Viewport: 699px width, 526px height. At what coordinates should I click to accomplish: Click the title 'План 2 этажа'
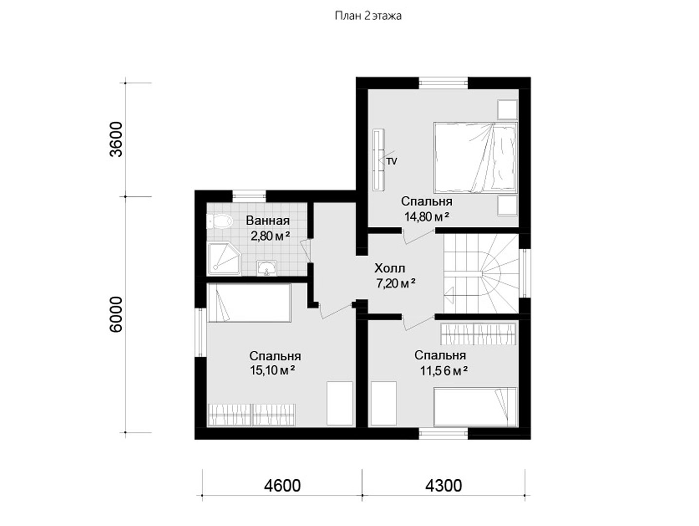tap(368, 16)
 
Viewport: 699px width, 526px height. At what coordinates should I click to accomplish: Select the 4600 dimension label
tap(282, 486)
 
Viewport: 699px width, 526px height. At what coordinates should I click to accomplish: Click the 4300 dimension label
tap(443, 486)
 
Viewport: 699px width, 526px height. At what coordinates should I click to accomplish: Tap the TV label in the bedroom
tap(392, 162)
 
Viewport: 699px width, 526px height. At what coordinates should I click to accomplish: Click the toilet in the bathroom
tap(219, 221)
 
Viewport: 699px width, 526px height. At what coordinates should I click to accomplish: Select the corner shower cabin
tap(224, 259)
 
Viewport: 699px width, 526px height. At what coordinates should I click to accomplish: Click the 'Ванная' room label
tap(268, 221)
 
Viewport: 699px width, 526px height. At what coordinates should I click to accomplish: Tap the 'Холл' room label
tap(389, 268)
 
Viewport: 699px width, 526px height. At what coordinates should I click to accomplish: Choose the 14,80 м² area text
tap(427, 217)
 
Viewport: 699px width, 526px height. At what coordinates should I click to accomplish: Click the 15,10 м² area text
tap(272, 370)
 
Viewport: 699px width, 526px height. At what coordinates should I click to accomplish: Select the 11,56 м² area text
tap(444, 371)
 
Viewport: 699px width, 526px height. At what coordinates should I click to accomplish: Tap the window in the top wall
tap(443, 83)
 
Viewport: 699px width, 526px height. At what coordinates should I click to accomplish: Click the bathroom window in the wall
tap(249, 196)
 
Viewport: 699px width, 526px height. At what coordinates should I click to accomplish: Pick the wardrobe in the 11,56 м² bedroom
tap(478, 334)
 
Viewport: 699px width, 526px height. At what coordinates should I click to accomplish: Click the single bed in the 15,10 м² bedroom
tap(249, 303)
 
